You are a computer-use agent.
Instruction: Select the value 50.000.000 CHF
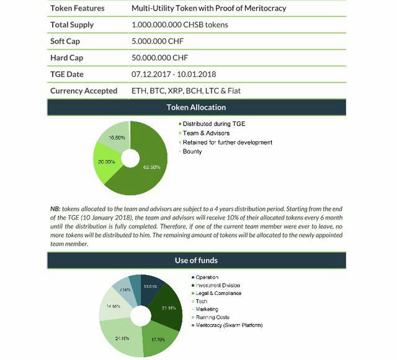pos(159,58)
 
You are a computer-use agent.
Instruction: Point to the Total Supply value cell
pos(179,25)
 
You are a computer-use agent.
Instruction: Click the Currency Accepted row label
pos(84,91)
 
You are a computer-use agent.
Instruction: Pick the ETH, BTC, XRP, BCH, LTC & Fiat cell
pos(186,91)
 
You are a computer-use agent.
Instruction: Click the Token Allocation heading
pos(196,107)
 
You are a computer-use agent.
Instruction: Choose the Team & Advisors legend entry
pos(206,133)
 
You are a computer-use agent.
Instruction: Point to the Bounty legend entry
pos(192,152)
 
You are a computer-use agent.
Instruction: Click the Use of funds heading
pos(196,260)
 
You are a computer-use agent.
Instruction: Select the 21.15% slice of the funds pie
pos(168,307)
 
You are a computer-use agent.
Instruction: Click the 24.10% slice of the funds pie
pos(122,338)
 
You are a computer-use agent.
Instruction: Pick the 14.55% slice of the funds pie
pos(112,307)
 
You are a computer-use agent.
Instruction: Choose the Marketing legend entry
pos(207,309)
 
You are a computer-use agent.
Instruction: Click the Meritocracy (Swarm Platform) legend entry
pos(230,325)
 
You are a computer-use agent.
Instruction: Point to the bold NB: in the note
pos(55,209)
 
